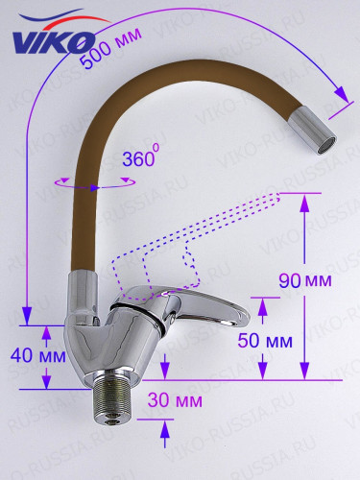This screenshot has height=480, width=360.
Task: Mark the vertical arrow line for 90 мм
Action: click(x=304, y=288)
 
